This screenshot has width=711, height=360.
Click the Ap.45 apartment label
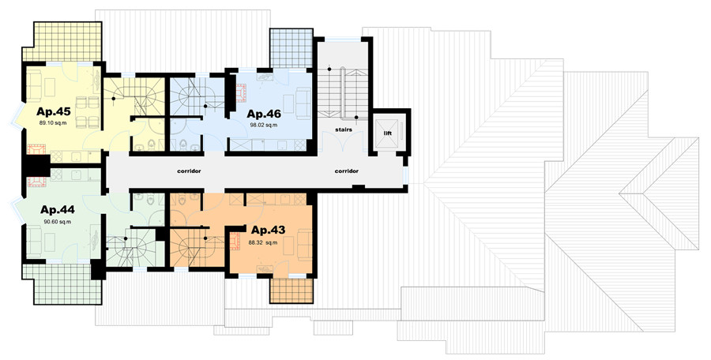tap(54, 111)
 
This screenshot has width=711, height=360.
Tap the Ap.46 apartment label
tap(263, 114)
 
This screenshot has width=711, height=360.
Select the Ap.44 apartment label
tap(57, 210)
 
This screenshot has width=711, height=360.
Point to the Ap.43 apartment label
tap(269, 231)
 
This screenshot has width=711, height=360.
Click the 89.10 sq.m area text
tap(53, 123)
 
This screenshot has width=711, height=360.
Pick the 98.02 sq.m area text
tap(263, 125)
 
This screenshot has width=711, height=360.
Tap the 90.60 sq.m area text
tap(57, 222)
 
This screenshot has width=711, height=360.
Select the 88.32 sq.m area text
tap(263, 242)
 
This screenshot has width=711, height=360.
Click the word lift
tap(388, 133)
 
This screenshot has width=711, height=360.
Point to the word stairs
tap(344, 129)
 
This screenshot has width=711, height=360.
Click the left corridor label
tap(189, 171)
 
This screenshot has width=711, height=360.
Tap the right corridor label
tap(347, 171)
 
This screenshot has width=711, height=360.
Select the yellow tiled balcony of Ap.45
tap(62, 41)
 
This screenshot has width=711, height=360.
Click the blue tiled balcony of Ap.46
tap(291, 48)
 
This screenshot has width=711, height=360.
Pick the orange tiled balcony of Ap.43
tap(291, 290)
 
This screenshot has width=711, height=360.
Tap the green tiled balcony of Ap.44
tap(62, 284)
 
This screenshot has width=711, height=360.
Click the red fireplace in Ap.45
tap(36, 149)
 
